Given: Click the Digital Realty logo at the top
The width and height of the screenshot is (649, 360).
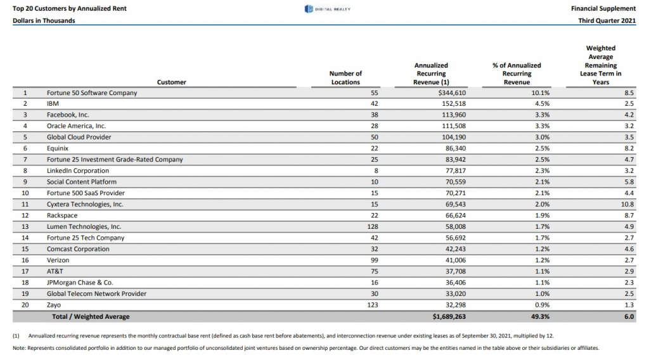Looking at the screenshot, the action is pos(328,9).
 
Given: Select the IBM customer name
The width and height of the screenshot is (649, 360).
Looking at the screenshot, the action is pos(53,104).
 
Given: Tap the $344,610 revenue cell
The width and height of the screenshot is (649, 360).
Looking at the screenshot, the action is pos(452,93).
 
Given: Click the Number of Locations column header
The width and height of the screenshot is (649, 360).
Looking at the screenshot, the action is pos(345,78).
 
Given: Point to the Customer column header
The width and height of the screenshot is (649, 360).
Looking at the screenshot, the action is pos(171,82).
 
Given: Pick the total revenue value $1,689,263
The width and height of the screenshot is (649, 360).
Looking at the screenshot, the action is pos(449,316).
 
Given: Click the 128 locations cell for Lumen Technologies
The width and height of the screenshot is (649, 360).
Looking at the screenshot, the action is pos(373,227).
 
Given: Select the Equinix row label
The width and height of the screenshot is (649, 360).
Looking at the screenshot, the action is pos(58,148).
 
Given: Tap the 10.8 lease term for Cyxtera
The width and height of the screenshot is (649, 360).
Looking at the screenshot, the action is pos(627,205).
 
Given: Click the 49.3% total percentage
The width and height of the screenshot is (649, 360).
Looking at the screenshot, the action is pos(541,316).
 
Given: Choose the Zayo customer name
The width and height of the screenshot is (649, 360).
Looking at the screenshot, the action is pos(54,305).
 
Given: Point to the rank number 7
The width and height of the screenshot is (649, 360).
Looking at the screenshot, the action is pos(25,160).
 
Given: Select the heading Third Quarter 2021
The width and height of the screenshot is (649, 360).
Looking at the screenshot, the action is pos(607,21).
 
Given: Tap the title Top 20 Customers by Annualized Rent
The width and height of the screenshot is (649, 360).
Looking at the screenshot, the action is pos(70,9).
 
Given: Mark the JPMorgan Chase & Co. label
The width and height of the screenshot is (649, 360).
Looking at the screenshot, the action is pos(80,283).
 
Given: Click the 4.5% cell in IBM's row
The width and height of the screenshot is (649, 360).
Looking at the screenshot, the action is pos(543,104).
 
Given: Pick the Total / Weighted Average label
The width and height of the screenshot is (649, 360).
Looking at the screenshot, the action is pos(91,316).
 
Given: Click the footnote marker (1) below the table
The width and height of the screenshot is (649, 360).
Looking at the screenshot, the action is pos(16,336).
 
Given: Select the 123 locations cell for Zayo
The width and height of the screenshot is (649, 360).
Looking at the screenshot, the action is pos(373,305).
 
